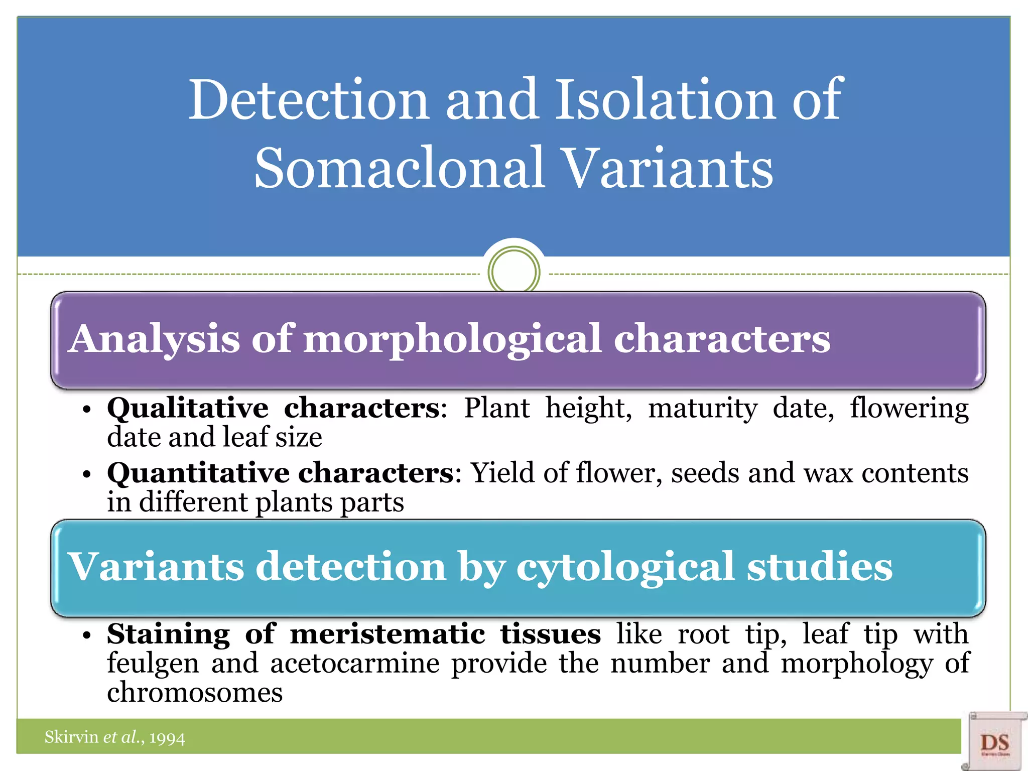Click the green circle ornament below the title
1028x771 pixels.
tap(513, 272)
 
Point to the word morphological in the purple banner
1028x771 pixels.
tap(452, 340)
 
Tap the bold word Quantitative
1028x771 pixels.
tap(202, 473)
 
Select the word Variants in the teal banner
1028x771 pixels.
tap(156, 567)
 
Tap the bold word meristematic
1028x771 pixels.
tap(388, 634)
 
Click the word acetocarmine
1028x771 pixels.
tap(354, 664)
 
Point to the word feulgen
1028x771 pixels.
tap(153, 664)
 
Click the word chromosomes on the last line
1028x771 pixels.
tap(195, 693)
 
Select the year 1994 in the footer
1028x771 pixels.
tap(167, 738)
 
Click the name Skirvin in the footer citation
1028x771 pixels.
tap(71, 737)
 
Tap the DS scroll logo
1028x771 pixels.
tap(994, 742)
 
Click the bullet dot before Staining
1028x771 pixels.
tap(87, 635)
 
